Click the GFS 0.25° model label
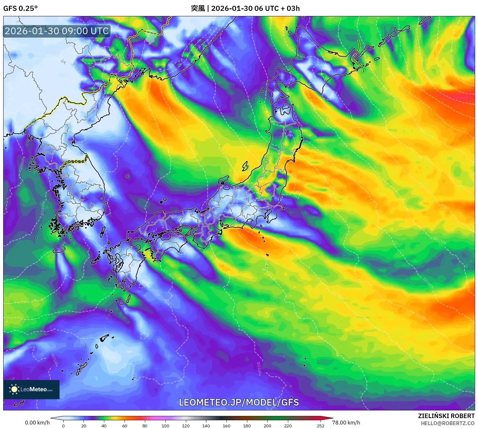[20, 8]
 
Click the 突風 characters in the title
[198, 8]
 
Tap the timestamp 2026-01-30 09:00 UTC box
[57, 31]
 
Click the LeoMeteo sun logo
[14, 389]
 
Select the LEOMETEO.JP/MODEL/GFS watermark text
[239, 402]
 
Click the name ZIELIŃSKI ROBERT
[446, 416]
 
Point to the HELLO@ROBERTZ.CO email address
[448, 423]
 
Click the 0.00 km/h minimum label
[37, 423]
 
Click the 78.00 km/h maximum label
[346, 423]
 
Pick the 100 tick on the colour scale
[165, 425]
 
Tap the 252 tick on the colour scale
[321, 425]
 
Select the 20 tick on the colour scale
[84, 425]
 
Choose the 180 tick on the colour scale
[247, 425]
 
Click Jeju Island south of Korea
[59, 249]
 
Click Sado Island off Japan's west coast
[245, 166]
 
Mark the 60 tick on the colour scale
[124, 425]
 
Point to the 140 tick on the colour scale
[206, 425]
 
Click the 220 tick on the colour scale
[288, 425]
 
